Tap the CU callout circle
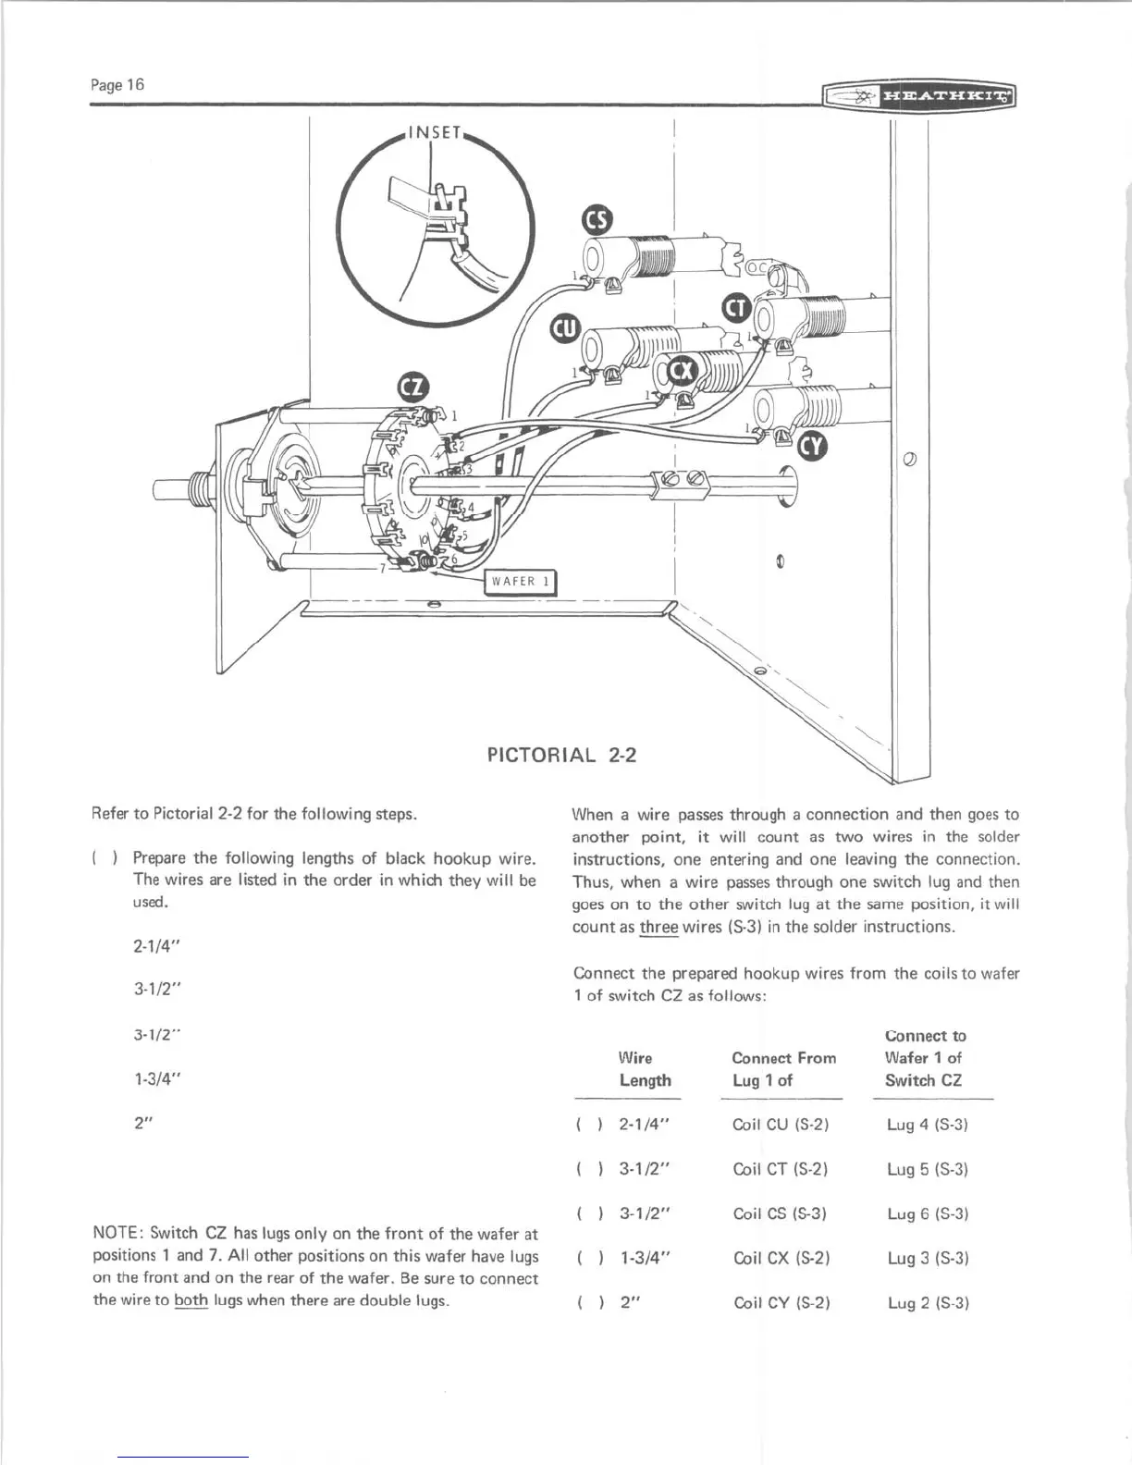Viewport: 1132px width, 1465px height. (x=564, y=328)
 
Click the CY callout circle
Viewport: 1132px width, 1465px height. (x=811, y=447)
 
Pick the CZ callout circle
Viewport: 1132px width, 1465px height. (x=412, y=387)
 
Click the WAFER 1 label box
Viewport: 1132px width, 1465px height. (x=521, y=581)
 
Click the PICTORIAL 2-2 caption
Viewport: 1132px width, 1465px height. (x=561, y=755)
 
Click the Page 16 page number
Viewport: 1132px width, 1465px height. (x=117, y=85)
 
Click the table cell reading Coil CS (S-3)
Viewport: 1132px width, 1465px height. (x=779, y=1213)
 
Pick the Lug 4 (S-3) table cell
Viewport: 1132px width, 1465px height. (x=927, y=1125)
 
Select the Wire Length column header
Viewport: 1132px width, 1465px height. (x=645, y=1069)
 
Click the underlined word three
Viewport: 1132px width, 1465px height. (x=659, y=927)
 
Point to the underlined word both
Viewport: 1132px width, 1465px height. (x=191, y=1300)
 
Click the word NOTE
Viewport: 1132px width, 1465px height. (x=117, y=1233)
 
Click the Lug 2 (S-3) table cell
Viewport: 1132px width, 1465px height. (x=927, y=1303)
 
